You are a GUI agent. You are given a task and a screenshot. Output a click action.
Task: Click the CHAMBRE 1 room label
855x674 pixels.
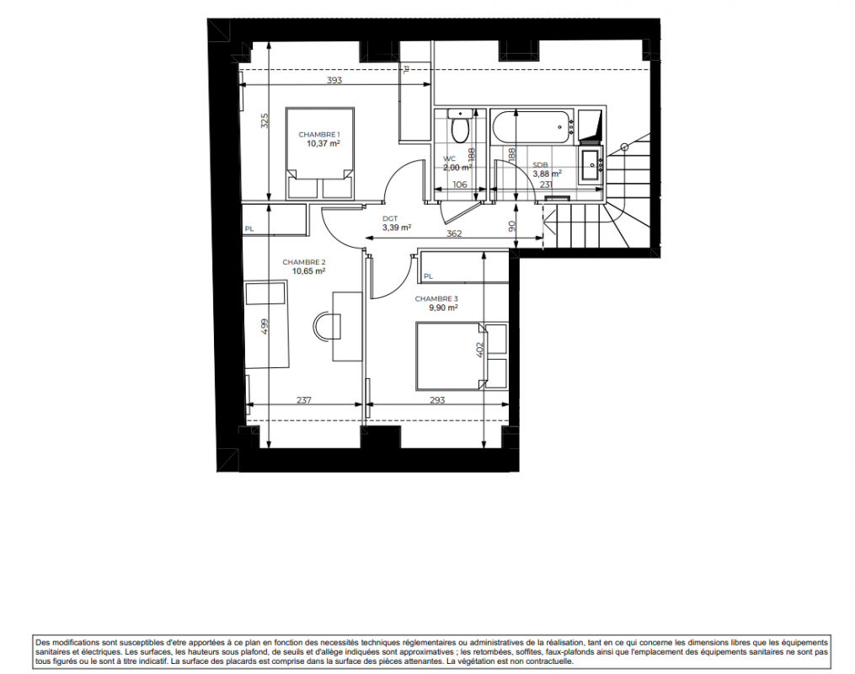319,135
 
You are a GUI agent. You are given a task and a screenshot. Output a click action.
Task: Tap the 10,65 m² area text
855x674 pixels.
309,270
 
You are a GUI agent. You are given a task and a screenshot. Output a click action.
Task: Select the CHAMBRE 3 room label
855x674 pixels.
436,299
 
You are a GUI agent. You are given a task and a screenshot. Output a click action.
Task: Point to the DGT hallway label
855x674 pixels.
390,219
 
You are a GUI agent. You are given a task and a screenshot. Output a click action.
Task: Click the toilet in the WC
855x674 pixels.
461,126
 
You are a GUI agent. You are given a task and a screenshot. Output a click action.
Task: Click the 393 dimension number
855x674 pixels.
334,80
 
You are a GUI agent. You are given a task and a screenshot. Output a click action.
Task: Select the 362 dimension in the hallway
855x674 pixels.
454,233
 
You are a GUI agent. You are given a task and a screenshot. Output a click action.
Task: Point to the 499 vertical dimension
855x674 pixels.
265,326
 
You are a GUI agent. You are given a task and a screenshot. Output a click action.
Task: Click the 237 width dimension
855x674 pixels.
304,399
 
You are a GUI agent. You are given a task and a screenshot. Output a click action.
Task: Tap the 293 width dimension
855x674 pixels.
437,399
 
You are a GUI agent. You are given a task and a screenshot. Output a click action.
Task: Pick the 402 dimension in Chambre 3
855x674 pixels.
480,350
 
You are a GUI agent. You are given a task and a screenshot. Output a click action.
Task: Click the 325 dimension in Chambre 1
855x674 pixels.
265,120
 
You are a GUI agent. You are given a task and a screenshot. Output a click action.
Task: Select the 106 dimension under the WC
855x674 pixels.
460,185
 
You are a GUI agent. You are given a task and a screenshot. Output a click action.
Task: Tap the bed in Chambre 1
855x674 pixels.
320,153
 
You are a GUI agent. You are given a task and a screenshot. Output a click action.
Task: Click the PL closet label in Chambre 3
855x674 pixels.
428,276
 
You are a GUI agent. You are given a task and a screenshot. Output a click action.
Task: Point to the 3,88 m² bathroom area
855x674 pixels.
547,174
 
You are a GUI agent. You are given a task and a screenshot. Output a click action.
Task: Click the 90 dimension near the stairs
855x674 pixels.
511,226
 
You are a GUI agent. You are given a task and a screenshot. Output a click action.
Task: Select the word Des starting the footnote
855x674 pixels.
42,643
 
